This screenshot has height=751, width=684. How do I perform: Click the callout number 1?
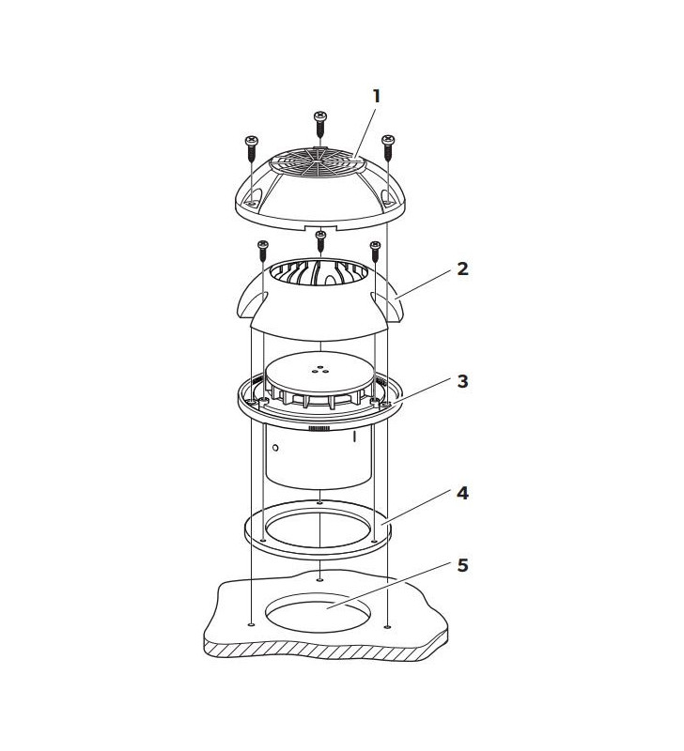tap(377, 96)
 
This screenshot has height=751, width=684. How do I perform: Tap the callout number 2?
tap(462, 268)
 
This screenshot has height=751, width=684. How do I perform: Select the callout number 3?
tap(462, 382)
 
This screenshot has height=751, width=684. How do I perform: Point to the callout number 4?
tap(462, 492)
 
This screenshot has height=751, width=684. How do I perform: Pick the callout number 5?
tap(462, 565)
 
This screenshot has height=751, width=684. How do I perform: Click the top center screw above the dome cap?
tap(319, 123)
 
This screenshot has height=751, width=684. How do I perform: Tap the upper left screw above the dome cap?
tap(251, 146)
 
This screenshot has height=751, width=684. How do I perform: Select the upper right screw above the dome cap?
tap(387, 145)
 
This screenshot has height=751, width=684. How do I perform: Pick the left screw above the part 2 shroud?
tap(260, 251)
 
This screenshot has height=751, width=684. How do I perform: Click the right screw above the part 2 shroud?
tap(376, 251)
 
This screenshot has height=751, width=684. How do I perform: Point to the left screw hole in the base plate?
tap(251, 624)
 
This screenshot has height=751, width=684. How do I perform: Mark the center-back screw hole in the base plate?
tap(320, 580)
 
